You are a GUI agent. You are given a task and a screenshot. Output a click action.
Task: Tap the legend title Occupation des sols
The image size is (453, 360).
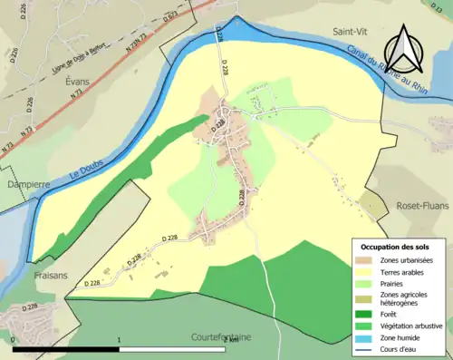[397, 248]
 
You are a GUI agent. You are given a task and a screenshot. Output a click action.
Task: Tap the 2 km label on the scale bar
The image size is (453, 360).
[230, 340]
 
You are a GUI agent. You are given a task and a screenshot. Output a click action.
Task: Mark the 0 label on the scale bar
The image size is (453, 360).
[14, 340]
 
